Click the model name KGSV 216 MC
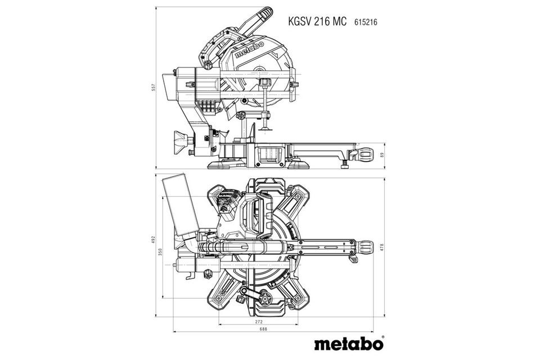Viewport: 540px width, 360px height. coord(317,21)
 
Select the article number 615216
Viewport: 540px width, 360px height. coord(366,22)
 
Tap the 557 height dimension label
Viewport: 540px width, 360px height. coord(154,88)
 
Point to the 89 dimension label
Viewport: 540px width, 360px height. coord(381,155)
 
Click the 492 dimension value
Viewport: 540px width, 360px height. coord(154,240)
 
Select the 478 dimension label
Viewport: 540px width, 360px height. coord(381,247)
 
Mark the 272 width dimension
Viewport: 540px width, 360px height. coord(259,322)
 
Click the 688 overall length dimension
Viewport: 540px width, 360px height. coord(263,329)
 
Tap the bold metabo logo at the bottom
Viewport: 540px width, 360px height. coord(348,344)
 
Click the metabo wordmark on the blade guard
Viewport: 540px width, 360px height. coord(249,49)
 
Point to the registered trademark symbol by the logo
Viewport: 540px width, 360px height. coord(383,337)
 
